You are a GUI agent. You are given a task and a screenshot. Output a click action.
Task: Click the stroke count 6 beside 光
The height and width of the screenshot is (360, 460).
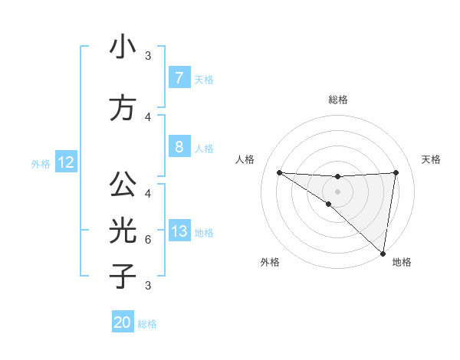tap(147, 240)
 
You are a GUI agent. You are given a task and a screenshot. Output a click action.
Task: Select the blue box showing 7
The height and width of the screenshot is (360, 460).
tap(179, 78)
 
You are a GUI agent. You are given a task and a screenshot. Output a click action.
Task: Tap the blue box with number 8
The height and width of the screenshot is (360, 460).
tap(179, 146)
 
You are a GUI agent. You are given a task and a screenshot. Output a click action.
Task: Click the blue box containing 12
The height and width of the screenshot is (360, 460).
tap(65, 162)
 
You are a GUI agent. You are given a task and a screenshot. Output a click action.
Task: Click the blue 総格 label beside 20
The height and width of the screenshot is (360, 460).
tap(147, 324)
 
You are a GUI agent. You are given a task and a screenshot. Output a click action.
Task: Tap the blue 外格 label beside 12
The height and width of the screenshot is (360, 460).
tap(41, 163)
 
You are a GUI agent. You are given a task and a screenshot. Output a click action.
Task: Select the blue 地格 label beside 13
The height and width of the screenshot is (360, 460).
tap(204, 232)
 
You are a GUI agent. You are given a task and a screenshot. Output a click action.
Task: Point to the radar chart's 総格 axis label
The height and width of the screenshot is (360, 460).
tap(337, 100)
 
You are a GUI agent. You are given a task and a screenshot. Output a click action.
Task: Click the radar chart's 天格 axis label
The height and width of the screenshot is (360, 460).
tap(432, 159)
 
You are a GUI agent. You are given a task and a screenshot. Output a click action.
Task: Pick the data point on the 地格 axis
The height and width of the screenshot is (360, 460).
tap(383, 253)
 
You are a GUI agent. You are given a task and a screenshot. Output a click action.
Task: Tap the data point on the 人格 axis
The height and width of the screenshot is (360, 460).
tap(279, 172)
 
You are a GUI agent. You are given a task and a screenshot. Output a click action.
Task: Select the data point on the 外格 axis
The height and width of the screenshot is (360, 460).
tap(329, 204)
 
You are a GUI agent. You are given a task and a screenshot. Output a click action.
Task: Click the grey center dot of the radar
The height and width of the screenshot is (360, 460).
tap(337, 191)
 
